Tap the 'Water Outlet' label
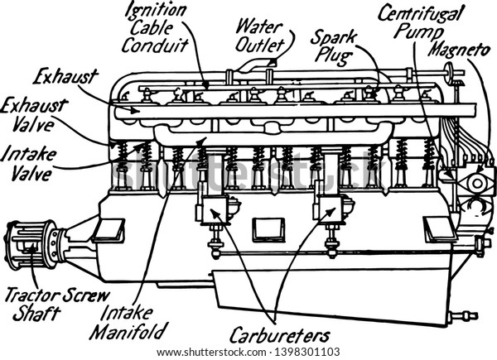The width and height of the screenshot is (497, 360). (x=259, y=36)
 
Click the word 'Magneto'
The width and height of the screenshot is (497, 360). (x=460, y=50)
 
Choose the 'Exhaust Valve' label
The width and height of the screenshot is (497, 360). (x=34, y=115)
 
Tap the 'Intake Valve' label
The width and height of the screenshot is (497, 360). (x=28, y=163)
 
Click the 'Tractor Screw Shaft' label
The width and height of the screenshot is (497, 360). (x=57, y=305)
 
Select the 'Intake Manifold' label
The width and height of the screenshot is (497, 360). (x=128, y=322)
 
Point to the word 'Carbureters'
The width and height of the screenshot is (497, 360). (x=280, y=335)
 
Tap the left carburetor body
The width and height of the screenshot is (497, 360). (x=215, y=209)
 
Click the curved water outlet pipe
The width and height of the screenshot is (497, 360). (x=256, y=65)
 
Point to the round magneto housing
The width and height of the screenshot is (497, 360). (x=477, y=183)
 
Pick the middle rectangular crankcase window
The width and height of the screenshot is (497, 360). (x=268, y=229)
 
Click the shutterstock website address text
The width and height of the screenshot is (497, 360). (x=211, y=352)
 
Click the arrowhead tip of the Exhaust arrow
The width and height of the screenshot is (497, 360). (x=139, y=111)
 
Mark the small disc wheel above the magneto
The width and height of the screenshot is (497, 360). (x=448, y=73)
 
